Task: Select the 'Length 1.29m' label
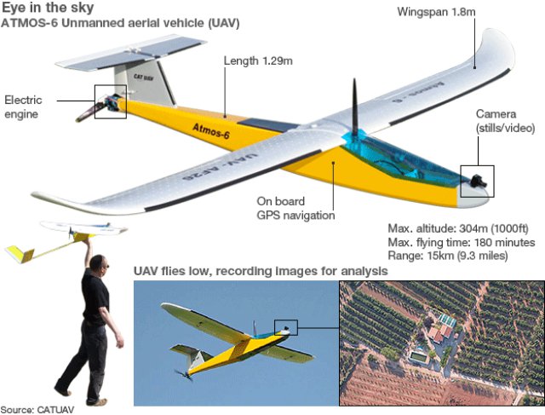click(258, 61)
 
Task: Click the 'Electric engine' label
click(24, 107)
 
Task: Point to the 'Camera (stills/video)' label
click(505, 120)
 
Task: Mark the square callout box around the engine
click(110, 101)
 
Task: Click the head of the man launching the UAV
click(99, 263)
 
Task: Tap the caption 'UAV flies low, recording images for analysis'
click(261, 271)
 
